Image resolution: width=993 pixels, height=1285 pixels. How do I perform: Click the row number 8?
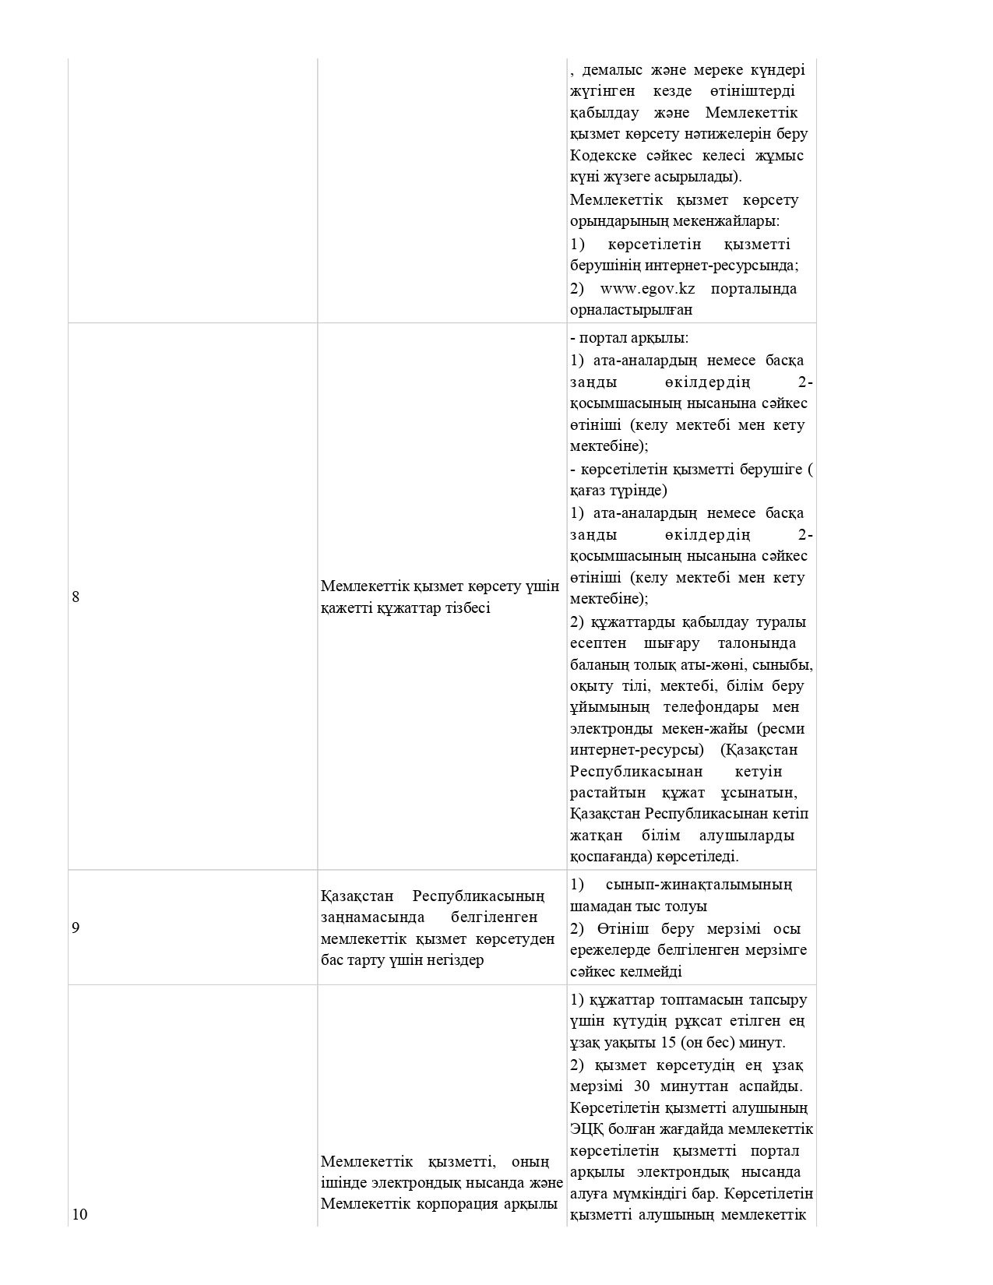coord(76,597)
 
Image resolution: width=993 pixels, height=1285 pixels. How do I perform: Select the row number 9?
coord(76,928)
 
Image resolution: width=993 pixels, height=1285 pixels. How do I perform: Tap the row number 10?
coord(80,1215)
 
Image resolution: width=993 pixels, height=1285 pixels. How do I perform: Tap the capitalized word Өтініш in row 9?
coord(622,929)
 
